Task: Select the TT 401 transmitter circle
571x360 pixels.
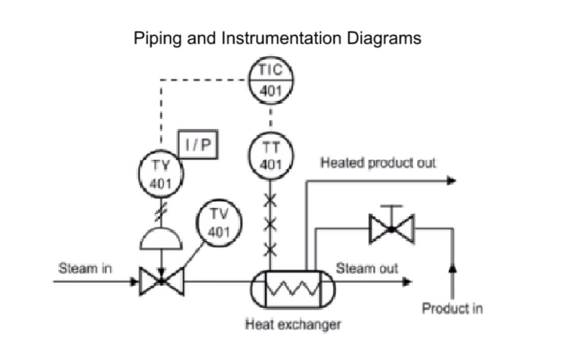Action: click(271, 156)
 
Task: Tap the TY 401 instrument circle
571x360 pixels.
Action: click(161, 174)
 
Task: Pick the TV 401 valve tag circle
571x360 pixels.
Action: click(219, 223)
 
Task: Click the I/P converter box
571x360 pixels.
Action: click(198, 145)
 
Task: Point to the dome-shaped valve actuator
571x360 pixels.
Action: click(161, 239)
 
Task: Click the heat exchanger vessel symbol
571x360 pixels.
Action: click(292, 290)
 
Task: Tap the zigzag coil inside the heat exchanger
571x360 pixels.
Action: click(293, 289)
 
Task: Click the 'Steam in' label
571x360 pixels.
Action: click(85, 268)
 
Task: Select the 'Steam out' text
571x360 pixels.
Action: click(367, 268)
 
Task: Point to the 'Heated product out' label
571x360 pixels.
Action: click(378, 163)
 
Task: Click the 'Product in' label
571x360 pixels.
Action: click(452, 308)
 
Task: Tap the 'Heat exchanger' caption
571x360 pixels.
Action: click(293, 324)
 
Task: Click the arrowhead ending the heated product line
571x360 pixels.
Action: click(451, 181)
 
